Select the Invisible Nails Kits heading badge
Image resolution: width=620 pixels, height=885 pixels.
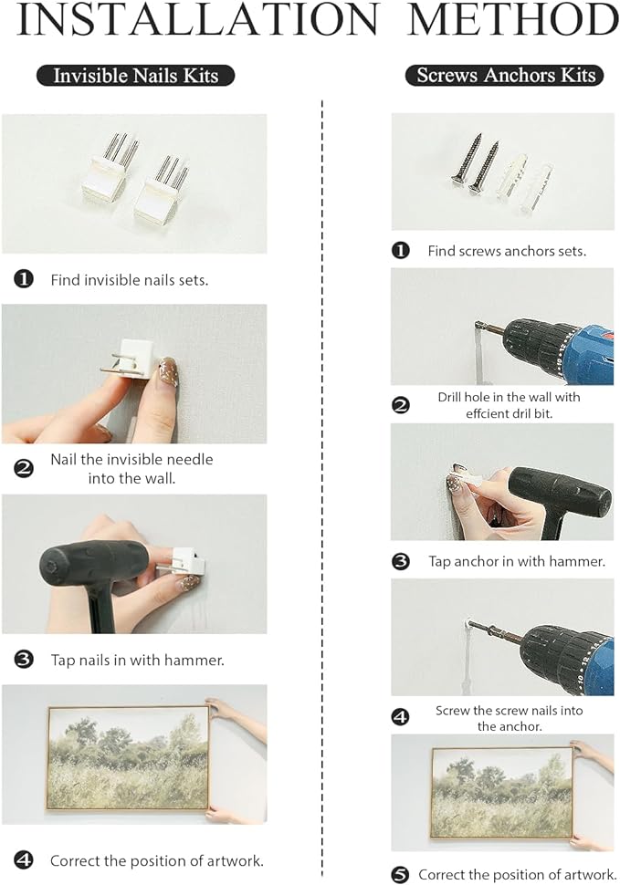click(135, 76)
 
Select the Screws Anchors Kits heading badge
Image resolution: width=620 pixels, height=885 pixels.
click(505, 75)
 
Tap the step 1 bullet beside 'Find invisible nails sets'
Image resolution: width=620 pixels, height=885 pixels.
click(24, 279)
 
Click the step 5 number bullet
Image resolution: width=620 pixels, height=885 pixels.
click(400, 875)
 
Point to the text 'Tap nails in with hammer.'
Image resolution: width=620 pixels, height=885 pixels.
click(137, 660)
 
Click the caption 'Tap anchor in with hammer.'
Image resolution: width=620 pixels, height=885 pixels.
click(516, 561)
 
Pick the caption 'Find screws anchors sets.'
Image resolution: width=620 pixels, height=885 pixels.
click(507, 251)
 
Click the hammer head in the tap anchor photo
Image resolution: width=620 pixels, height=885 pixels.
click(559, 494)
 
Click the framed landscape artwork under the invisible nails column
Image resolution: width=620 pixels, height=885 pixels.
click(128, 757)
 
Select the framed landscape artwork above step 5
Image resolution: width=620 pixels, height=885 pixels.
click(502, 793)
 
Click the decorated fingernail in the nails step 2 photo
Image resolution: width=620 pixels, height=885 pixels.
click(169, 370)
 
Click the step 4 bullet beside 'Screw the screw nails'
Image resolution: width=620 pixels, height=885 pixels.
click(400, 717)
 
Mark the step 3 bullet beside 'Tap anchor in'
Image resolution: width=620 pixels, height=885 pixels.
click(400, 562)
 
